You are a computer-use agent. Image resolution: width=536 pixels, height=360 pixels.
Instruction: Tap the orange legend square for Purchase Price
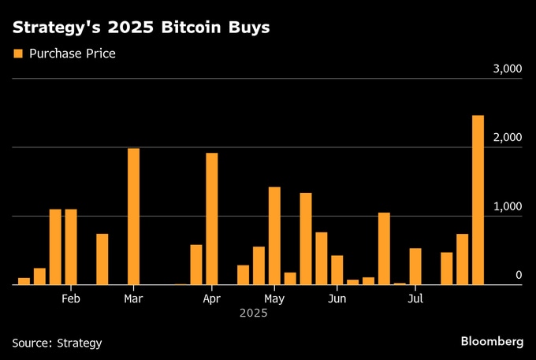[17, 54]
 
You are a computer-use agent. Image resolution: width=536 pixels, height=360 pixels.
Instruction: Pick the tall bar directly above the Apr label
[211, 218]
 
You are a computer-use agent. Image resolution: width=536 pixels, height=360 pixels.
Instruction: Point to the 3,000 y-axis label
[507, 69]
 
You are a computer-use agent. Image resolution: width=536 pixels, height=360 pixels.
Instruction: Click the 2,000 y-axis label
[507, 138]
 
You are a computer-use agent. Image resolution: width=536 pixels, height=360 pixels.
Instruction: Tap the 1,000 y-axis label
[507, 206]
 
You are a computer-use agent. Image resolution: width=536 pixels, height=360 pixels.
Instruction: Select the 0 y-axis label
[519, 275]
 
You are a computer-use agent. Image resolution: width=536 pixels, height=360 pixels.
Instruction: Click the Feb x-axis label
[71, 299]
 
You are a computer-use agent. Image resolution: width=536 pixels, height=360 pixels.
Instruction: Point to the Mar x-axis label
[133, 299]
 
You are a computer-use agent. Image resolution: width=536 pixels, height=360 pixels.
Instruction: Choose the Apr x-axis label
[211, 299]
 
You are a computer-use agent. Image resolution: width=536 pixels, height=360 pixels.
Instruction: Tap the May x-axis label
[274, 299]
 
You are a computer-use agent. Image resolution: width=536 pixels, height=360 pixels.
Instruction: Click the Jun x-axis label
[337, 299]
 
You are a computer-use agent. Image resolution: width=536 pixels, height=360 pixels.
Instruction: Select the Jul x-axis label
[415, 299]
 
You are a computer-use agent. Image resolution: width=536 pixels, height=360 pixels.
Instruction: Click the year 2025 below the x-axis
[254, 314]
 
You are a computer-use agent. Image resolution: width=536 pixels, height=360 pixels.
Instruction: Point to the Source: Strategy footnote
[57, 343]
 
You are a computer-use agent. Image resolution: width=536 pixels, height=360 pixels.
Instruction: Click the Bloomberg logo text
[492, 341]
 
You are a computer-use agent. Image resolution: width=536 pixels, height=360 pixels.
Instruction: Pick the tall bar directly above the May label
[274, 236]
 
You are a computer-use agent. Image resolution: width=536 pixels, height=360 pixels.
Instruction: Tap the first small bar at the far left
[24, 280]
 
